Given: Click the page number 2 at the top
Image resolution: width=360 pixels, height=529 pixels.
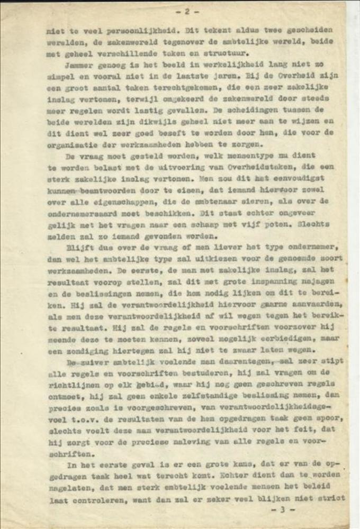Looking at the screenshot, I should (x=186, y=11).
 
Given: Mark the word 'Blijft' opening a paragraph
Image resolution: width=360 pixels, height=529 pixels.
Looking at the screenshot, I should (x=80, y=247).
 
